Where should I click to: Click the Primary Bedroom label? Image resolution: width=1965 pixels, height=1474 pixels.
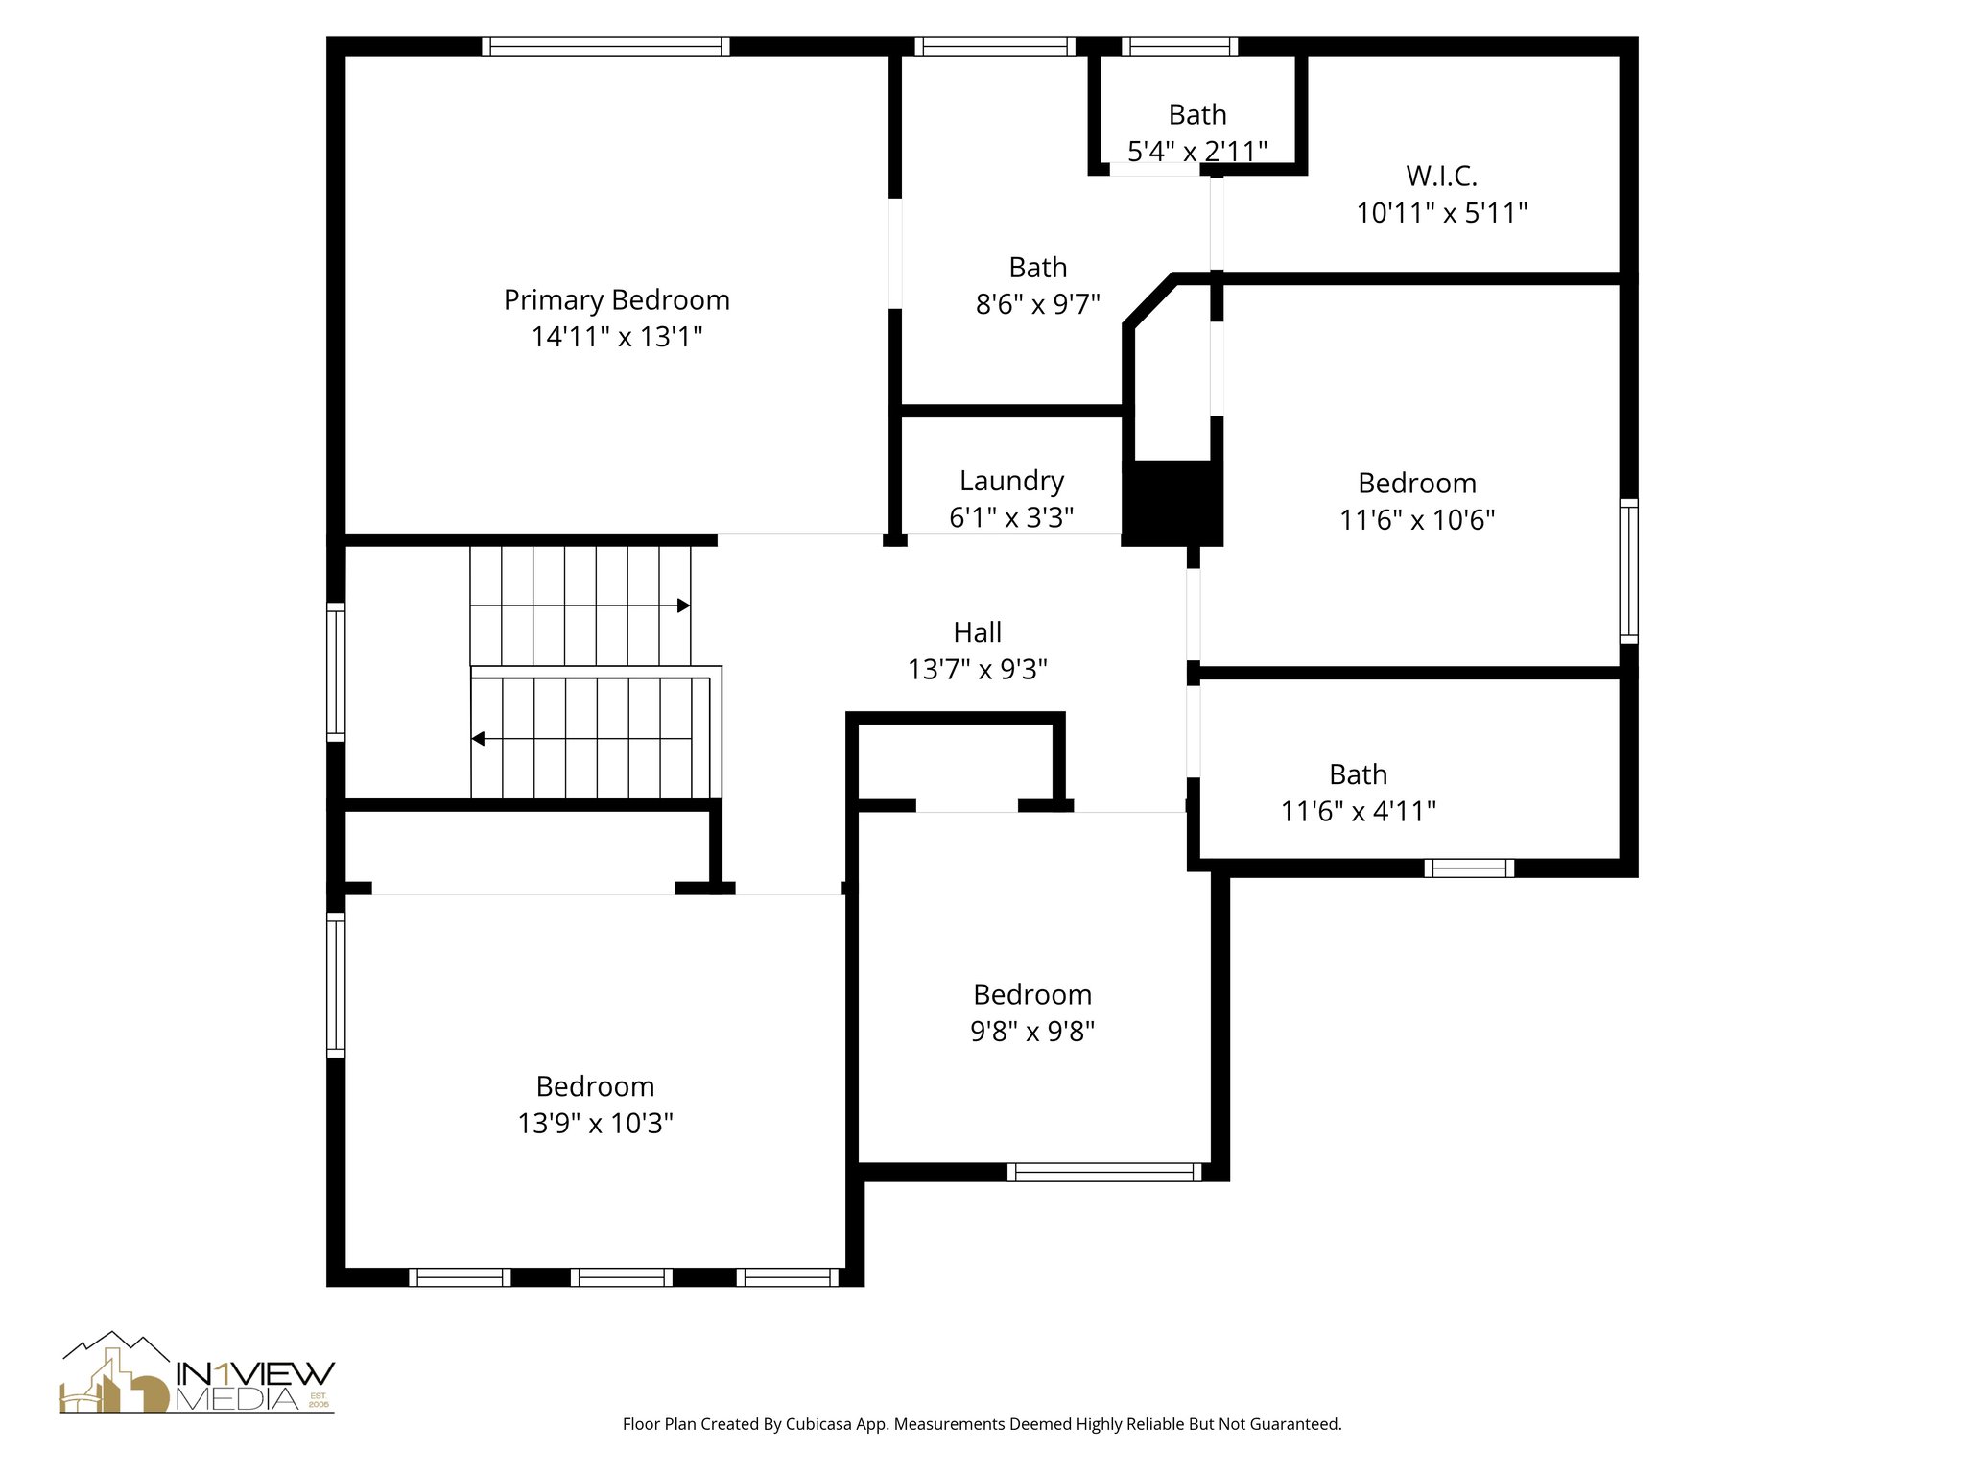(616, 300)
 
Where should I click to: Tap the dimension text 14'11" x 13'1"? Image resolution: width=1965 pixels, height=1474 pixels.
(617, 337)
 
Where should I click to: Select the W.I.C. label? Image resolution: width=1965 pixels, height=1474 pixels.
(1441, 176)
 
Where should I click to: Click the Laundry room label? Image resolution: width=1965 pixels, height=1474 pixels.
(1011, 481)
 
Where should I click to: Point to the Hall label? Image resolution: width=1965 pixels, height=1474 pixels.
(977, 632)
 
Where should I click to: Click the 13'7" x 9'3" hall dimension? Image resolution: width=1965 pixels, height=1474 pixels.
(977, 669)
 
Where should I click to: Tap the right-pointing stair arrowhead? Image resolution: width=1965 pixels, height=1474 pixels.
(684, 606)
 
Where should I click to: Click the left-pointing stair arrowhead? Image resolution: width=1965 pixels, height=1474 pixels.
(478, 739)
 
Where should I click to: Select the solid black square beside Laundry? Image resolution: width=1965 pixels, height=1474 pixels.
(1172, 503)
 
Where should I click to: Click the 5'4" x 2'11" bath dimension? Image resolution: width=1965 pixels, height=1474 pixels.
(1196, 151)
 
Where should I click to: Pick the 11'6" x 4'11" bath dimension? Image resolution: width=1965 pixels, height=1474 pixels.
(1358, 811)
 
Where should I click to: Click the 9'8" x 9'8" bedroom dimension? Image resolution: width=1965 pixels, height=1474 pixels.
(1032, 1031)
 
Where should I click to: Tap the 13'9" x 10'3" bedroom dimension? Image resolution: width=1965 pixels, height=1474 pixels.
(595, 1123)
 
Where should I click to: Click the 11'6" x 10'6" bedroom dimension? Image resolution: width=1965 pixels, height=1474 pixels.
(1417, 519)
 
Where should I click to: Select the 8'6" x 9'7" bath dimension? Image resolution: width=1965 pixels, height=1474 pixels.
(1037, 304)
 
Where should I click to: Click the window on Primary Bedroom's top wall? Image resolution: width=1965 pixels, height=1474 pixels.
(605, 46)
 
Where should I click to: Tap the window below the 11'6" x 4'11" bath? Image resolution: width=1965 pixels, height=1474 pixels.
(1469, 868)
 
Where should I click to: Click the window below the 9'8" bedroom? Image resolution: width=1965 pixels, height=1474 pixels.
(1104, 1172)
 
